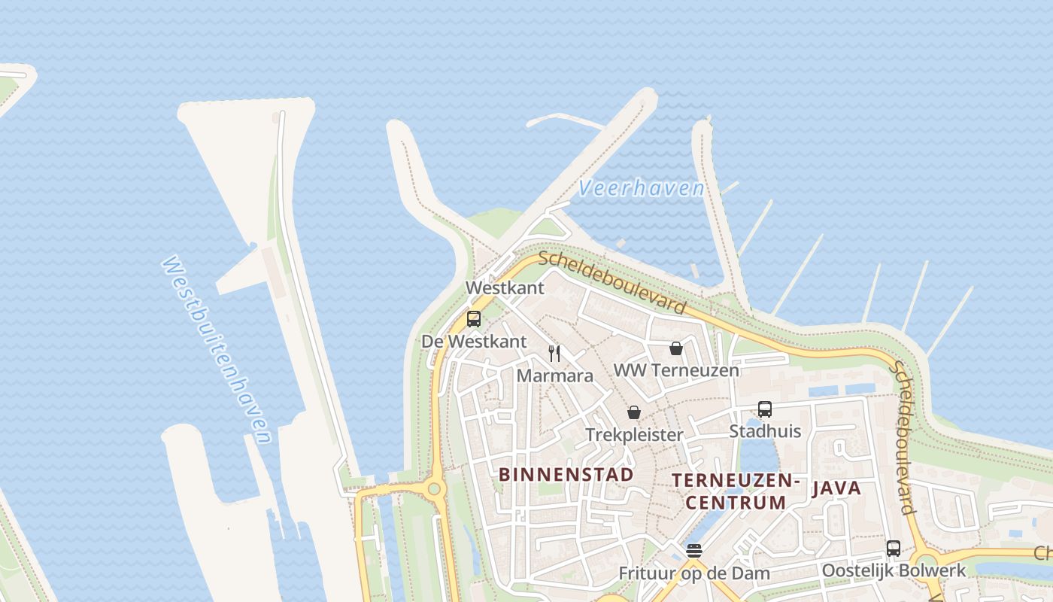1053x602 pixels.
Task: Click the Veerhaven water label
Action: tap(642, 188)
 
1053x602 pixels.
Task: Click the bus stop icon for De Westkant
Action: tap(473, 318)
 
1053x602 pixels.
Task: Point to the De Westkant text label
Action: tap(474, 341)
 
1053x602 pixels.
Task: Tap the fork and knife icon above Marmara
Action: tap(554, 353)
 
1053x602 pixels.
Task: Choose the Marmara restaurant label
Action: tap(555, 375)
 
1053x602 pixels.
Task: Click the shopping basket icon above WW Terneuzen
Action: tap(675, 348)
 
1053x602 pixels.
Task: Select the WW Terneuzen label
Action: tap(676, 370)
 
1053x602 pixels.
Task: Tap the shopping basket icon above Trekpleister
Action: tap(634, 413)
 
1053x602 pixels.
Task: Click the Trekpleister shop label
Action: tap(634, 435)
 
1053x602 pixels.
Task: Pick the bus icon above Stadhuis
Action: tap(765, 409)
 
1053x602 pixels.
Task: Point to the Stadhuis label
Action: tap(765, 431)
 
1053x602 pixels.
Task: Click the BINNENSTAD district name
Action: tap(566, 474)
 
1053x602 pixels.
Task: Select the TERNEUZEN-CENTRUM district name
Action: tap(736, 491)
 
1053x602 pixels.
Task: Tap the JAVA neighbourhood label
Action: tap(836, 488)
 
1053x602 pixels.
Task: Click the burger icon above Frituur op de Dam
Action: tap(693, 551)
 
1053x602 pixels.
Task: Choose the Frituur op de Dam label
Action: tap(693, 573)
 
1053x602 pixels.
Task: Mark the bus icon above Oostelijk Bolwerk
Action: tap(894, 549)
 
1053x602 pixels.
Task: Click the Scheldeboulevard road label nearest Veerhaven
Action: tap(612, 282)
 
